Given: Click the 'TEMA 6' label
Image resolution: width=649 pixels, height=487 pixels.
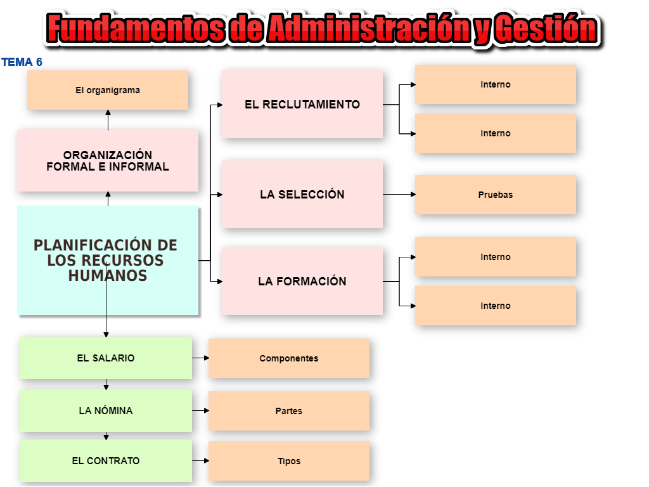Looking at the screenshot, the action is [22, 62].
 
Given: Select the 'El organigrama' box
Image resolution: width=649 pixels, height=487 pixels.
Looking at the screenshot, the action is [108, 90].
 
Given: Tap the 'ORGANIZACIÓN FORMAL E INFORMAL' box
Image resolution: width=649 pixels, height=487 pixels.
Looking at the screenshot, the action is [108, 160].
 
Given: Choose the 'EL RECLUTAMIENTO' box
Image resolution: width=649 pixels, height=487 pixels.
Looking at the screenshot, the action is [302, 104].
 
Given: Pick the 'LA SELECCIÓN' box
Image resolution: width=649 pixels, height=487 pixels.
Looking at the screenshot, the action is [302, 194].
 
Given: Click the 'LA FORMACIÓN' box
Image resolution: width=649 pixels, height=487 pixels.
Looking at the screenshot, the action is [302, 281].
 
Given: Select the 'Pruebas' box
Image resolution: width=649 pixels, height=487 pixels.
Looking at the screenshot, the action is [496, 195].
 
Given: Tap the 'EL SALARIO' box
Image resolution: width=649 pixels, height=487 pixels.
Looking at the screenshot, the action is [106, 358].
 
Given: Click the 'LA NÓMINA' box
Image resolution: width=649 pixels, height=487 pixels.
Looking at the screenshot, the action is [106, 410].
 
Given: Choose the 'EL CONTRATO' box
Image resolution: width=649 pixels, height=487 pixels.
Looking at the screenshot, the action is [106, 460].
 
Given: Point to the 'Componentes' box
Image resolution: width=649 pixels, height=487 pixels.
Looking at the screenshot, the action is [289, 358].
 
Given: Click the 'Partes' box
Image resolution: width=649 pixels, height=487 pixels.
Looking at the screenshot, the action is [289, 411].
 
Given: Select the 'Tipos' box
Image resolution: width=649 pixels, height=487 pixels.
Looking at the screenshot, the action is [289, 461].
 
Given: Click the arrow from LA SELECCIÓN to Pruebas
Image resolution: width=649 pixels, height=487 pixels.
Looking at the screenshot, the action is [399, 194].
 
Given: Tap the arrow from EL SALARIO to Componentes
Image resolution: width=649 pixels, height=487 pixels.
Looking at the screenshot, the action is [200, 358].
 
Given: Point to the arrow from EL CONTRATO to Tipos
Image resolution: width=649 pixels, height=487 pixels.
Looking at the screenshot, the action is [200, 460].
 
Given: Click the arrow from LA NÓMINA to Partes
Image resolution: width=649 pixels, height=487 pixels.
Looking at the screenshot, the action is [200, 410].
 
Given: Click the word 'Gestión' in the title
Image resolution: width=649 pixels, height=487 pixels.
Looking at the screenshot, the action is [546, 28].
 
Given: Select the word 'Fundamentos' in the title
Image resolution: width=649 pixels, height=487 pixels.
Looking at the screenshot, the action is [136, 28].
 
